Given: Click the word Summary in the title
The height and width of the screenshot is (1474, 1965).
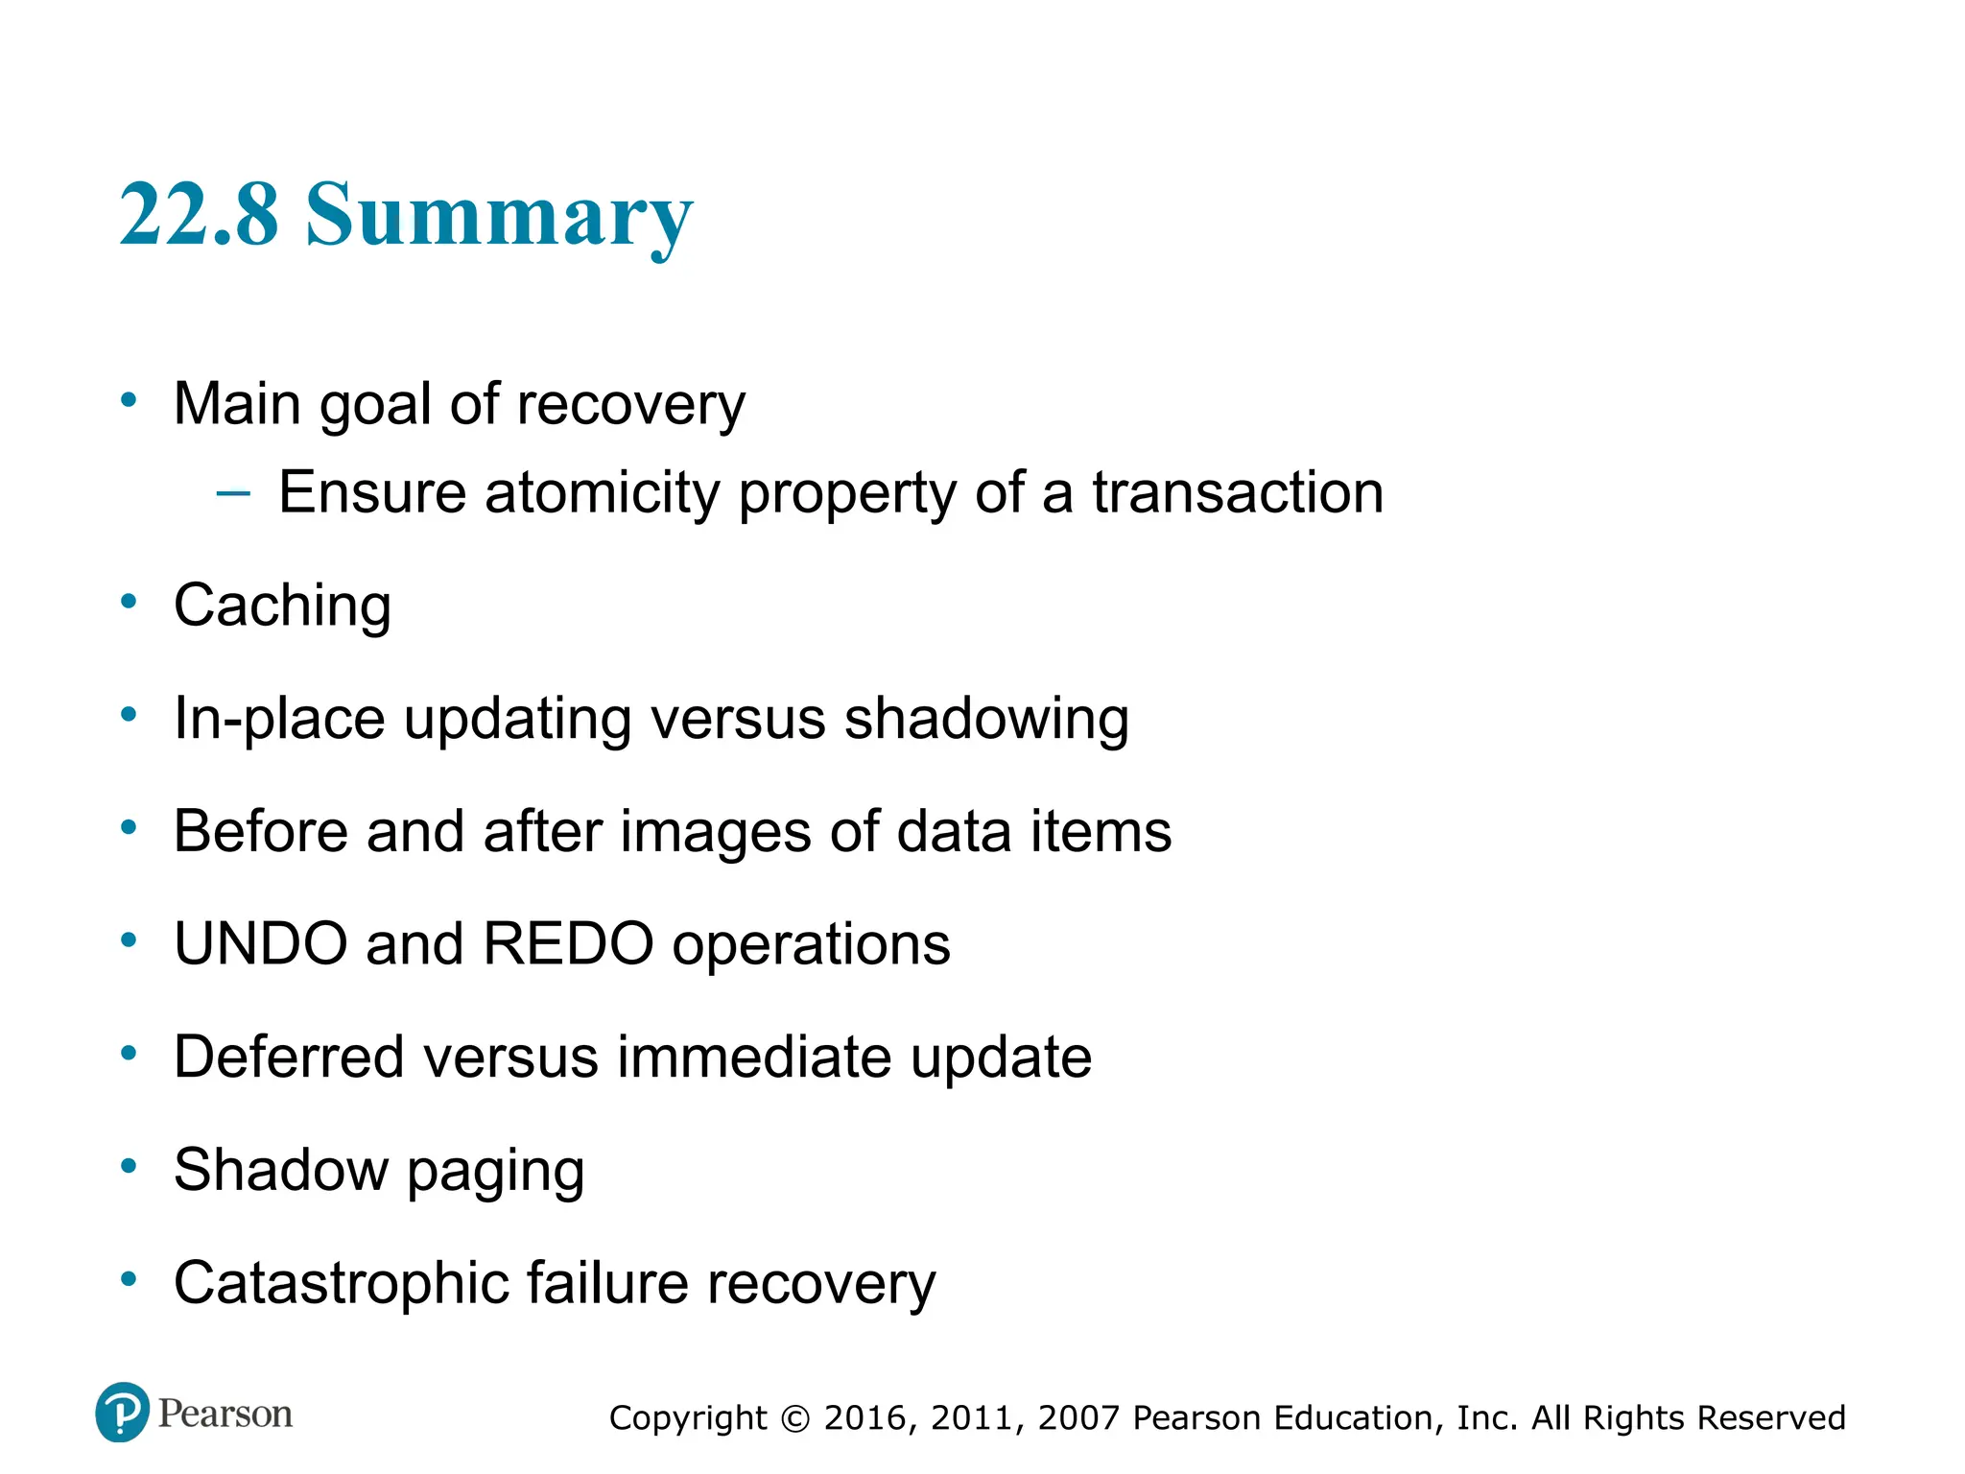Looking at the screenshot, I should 499,216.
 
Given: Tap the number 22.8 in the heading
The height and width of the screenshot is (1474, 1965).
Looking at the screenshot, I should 199,214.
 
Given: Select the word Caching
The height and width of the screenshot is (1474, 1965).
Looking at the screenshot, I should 282,606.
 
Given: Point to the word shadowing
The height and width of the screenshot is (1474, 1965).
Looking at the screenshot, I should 985,719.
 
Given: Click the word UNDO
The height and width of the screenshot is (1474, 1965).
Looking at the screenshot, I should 260,944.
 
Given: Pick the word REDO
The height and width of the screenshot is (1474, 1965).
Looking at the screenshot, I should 568,944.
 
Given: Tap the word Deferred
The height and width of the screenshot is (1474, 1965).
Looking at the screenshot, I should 289,1058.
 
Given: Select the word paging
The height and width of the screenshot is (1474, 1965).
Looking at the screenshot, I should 495,1173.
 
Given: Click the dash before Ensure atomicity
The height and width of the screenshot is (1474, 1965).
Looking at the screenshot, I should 233,494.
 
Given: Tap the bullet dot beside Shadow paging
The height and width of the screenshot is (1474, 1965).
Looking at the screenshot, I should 129,1167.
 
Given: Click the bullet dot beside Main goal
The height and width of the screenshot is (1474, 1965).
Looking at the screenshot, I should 129,400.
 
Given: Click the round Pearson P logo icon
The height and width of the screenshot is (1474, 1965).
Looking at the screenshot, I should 123,1413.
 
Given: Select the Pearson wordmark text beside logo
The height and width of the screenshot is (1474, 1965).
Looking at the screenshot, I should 225,1414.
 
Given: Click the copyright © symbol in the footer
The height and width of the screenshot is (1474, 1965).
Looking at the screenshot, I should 795,1418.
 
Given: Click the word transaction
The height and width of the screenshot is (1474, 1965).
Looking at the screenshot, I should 1238,493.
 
